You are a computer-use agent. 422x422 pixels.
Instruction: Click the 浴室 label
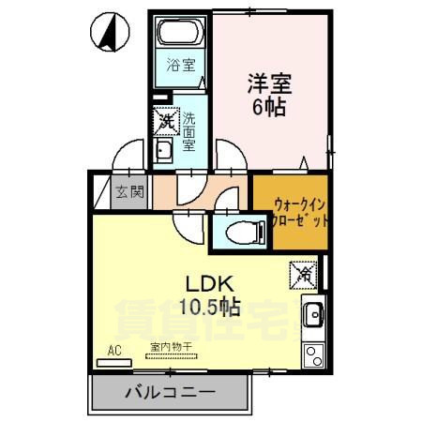(x=181, y=65)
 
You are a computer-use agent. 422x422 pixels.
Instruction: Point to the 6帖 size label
(x=269, y=106)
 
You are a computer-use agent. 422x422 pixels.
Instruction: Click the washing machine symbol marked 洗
(x=166, y=120)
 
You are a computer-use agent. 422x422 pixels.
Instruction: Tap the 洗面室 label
(x=188, y=131)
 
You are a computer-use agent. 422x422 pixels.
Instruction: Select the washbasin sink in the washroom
(x=163, y=152)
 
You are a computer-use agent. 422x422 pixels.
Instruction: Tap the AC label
(x=115, y=351)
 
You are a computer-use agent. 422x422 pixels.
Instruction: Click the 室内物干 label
(x=169, y=347)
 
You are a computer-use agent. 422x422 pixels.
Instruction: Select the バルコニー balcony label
(x=170, y=392)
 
